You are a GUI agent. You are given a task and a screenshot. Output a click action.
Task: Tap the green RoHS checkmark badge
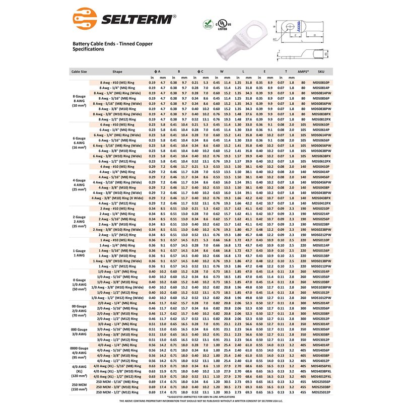pyautogui.click(x=207, y=24)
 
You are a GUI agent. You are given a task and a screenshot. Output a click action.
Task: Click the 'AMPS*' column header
pyautogui.click(x=303, y=72)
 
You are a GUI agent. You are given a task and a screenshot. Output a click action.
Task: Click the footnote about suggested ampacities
pyautogui.click(x=201, y=396)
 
